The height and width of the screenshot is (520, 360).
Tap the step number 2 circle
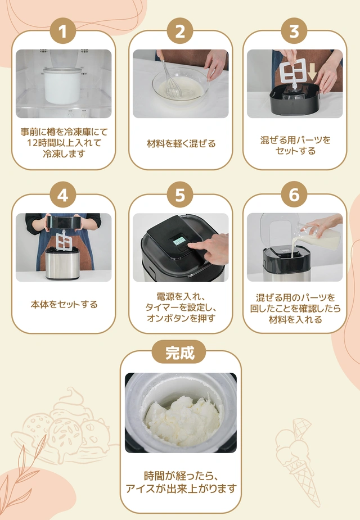(180, 32)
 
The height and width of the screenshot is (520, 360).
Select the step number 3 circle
(294, 32)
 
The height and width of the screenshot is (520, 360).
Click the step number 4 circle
(64, 195)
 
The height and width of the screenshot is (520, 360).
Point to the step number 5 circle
(180, 195)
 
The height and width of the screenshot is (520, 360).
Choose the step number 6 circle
(294, 195)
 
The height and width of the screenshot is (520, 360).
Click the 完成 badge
(179, 352)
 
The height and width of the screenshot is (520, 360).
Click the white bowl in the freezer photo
(62, 85)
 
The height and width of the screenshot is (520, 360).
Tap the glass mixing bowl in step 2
(180, 87)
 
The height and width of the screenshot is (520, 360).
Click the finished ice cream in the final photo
(180, 416)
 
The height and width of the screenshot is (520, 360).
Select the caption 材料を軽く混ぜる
(181, 144)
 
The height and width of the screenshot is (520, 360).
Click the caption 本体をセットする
(64, 305)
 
